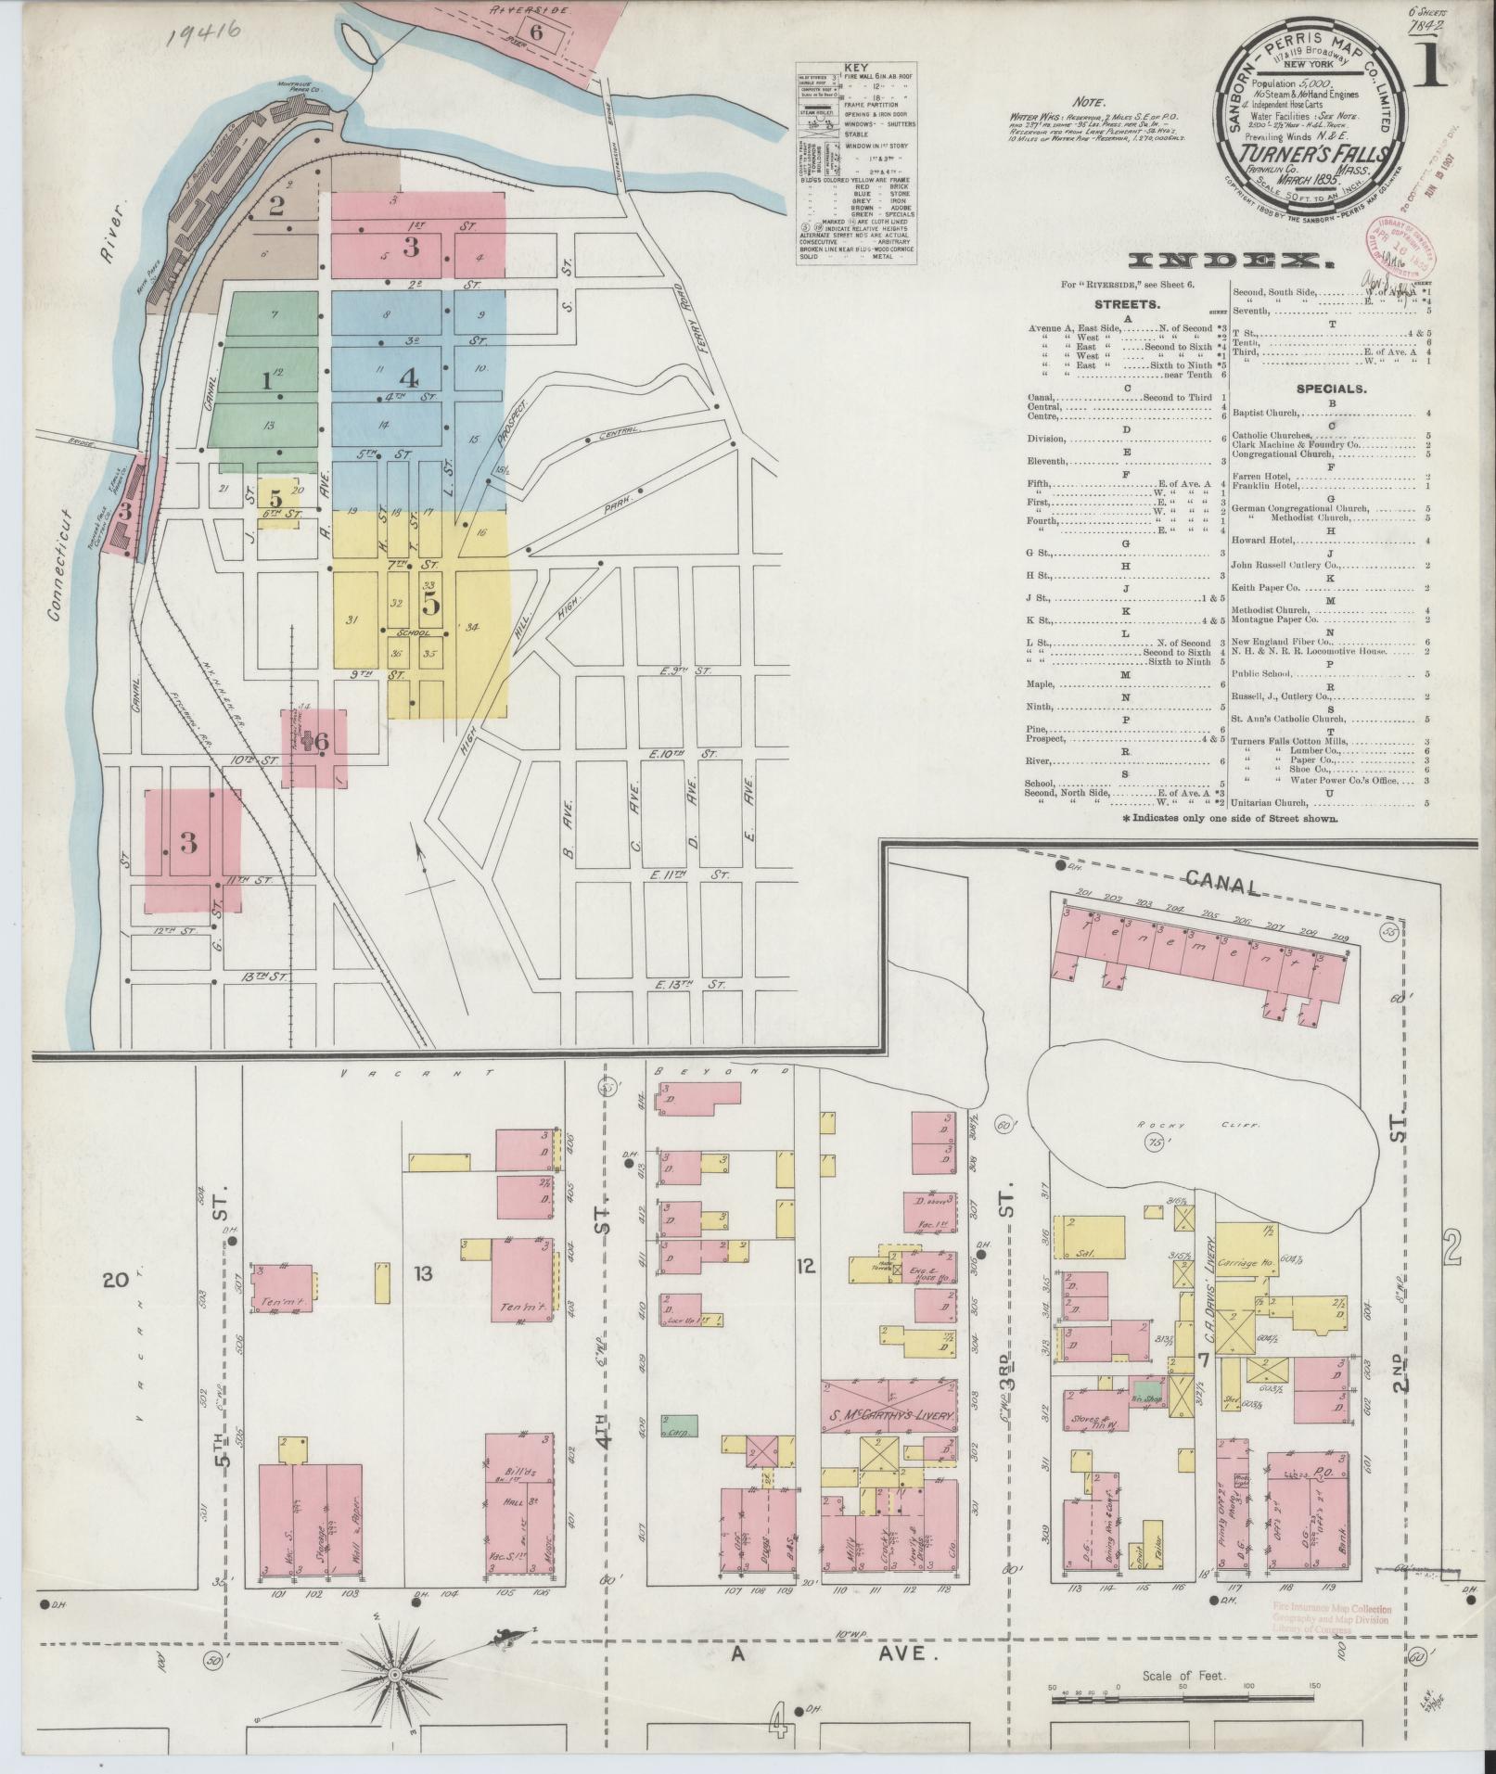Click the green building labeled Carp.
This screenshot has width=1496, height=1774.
coord(680,1450)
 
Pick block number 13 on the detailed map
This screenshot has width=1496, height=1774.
coord(423,1274)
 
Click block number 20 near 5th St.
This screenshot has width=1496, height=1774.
coord(116,1282)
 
